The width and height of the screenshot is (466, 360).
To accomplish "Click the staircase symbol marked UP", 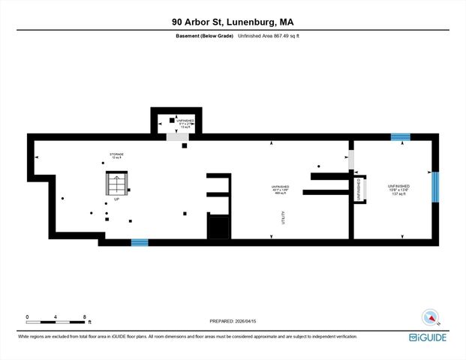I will (116, 184).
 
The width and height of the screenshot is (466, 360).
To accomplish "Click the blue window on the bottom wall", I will (140, 242).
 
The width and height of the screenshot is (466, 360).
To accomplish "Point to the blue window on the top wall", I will (401, 137).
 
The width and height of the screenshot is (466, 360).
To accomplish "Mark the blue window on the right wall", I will (434, 187).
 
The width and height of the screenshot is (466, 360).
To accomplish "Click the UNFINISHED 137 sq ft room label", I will (398, 189).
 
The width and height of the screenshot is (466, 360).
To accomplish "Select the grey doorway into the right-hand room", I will (350, 160).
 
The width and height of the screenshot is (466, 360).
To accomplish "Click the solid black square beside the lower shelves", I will (217, 227).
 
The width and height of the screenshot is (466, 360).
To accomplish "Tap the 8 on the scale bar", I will (85, 317).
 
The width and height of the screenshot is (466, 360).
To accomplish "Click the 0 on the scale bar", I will (28, 317).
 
